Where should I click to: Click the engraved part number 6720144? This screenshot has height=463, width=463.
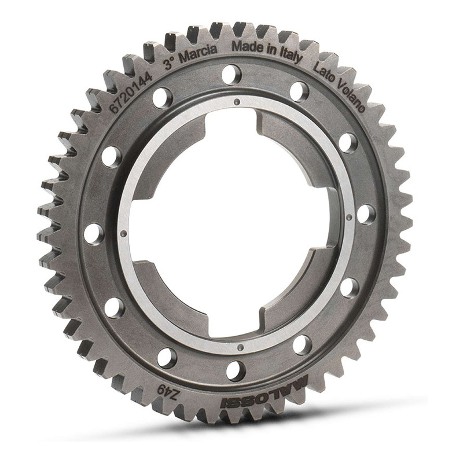point(131,92)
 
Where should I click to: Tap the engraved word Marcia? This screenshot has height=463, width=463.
point(199,54)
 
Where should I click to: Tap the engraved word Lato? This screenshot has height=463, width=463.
point(324,74)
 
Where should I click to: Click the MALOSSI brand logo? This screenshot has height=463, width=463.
point(265,392)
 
